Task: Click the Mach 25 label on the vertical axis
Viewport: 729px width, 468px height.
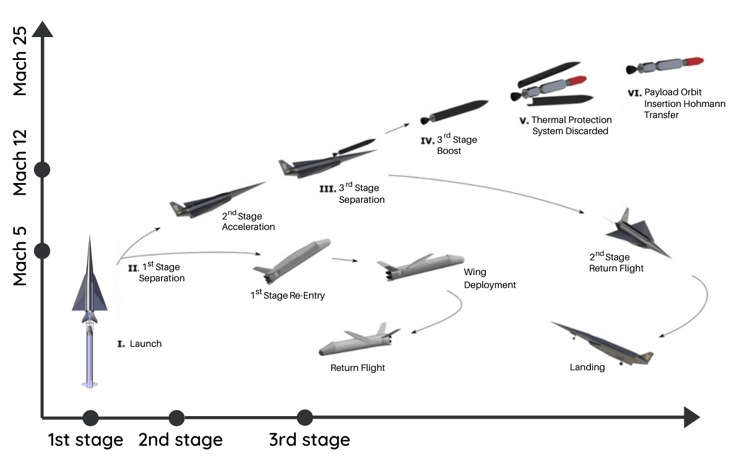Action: pyautogui.click(x=20, y=61)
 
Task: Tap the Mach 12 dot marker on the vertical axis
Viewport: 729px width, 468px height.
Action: pyautogui.click(x=42, y=169)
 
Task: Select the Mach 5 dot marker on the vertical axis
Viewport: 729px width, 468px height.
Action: pyautogui.click(x=42, y=250)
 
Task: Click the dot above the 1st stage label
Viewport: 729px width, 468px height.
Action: pyautogui.click(x=90, y=418)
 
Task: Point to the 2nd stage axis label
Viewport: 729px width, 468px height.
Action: pyautogui.click(x=180, y=440)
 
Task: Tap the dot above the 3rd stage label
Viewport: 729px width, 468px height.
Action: pyautogui.click(x=304, y=417)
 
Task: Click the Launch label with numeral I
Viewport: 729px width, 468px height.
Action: pyautogui.click(x=140, y=344)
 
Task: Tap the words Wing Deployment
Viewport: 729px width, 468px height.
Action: pyautogui.click(x=489, y=279)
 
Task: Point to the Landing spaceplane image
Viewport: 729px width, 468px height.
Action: pyautogui.click(x=603, y=343)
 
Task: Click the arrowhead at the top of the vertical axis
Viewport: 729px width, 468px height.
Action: pyautogui.click(x=42, y=28)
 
